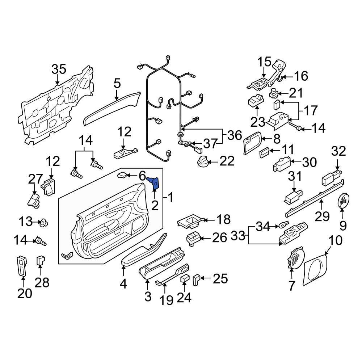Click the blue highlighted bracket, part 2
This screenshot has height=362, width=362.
tap(155, 184)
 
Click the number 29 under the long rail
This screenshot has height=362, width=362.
tap(322, 216)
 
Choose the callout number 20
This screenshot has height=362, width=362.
tap(25, 294)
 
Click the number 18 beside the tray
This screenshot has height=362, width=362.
tap(223, 219)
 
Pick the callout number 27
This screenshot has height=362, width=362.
tap(35, 179)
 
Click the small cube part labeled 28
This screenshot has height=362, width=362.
tap(41, 260)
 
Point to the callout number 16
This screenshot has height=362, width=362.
tap(301, 76)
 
